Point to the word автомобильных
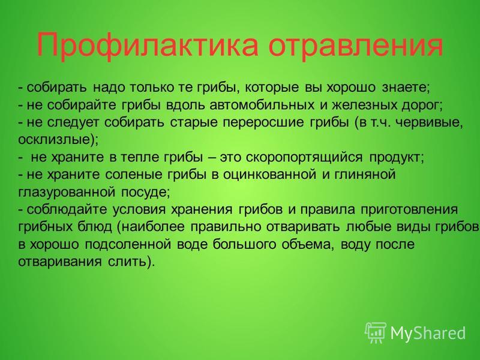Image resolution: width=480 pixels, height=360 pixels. pyautogui.click(x=262, y=105)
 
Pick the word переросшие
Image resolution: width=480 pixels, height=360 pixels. pyautogui.click(x=263, y=123)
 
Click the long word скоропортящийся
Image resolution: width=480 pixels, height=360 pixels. pyautogui.click(x=304, y=157)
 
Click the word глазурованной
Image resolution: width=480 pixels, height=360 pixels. pyautogui.click(x=67, y=193)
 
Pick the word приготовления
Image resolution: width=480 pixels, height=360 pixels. pyautogui.click(x=409, y=210)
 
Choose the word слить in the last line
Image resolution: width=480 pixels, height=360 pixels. pyautogui.click(x=126, y=262)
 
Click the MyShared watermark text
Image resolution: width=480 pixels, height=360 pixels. pyautogui.click(x=428, y=333)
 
